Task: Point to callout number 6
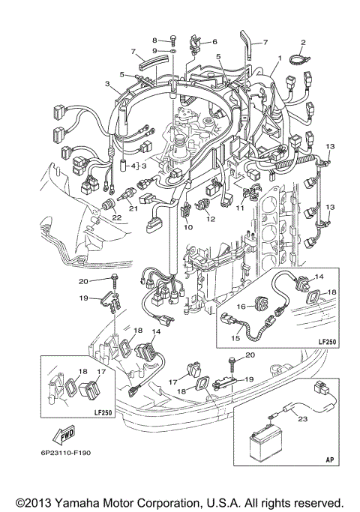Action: click(x=214, y=42)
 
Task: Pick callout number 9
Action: click(x=155, y=50)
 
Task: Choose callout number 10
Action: click(x=187, y=226)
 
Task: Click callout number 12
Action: click(x=211, y=219)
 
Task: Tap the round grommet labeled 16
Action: click(x=262, y=305)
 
